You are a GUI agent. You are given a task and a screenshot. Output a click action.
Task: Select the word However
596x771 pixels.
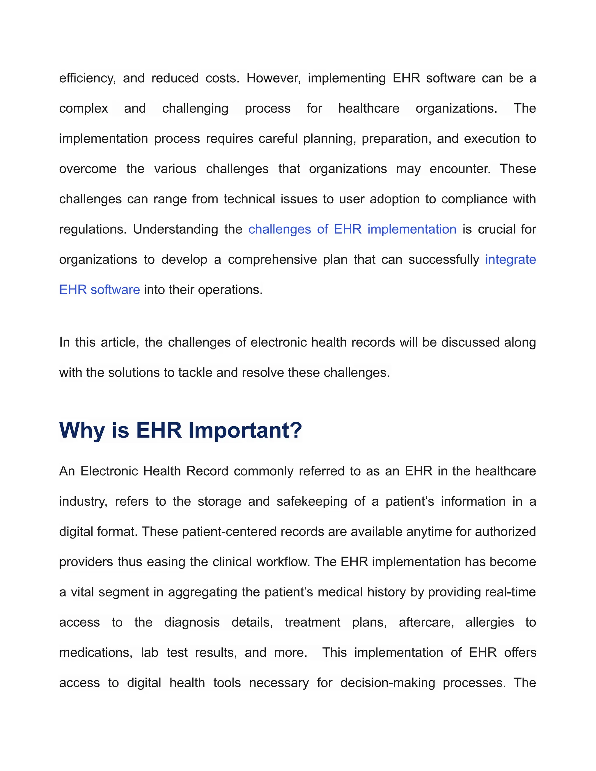pos(273,78)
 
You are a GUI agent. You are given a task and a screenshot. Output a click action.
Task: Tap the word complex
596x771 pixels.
pos(83,109)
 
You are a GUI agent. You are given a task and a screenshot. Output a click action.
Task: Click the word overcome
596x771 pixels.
pos(88,169)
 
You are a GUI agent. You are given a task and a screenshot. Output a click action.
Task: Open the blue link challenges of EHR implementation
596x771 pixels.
pos(352,230)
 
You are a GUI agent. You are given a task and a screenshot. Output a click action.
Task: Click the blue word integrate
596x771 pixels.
pos(510,260)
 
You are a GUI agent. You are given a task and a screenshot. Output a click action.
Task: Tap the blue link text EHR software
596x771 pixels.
pos(99,290)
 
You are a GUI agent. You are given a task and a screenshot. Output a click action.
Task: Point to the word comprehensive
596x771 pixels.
pos(272,260)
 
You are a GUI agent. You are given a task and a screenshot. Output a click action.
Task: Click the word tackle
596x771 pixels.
pos(195,373)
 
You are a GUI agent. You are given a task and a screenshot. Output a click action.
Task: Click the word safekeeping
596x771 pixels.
pos(312,501)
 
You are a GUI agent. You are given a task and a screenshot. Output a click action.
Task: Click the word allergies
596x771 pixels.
pos(489,622)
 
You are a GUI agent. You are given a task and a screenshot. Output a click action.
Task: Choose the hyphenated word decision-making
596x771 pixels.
pos(387,683)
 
